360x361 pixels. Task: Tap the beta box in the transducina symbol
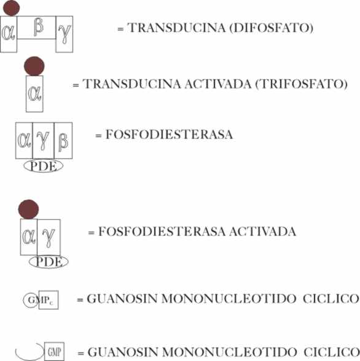(x=36, y=28)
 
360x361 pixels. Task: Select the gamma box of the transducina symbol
(x=65, y=34)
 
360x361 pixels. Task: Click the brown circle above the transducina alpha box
(x=11, y=8)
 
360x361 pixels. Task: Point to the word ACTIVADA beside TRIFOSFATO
(x=217, y=83)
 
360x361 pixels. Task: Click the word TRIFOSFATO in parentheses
(x=302, y=83)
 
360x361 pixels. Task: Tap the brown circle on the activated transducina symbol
(x=34, y=66)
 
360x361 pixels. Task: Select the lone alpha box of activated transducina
(x=34, y=94)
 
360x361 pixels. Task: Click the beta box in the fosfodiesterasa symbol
(x=63, y=141)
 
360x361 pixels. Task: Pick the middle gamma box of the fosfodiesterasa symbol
(x=43, y=141)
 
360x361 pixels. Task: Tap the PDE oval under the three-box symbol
(x=44, y=166)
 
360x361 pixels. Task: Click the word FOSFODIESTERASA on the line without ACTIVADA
(x=169, y=134)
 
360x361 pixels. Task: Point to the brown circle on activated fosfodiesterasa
(x=28, y=209)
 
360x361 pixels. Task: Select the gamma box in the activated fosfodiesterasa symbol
(x=49, y=237)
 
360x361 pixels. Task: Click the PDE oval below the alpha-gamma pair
(x=49, y=262)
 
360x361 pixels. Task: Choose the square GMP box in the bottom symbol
(x=54, y=352)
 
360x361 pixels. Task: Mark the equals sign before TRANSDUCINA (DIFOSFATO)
(x=120, y=29)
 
